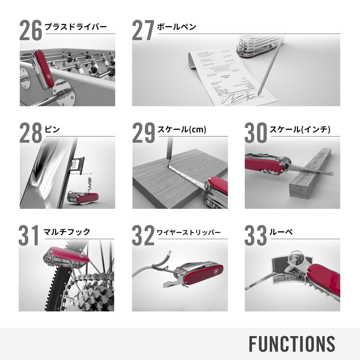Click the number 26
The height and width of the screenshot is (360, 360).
(x=31, y=31)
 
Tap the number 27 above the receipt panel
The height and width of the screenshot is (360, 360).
(x=143, y=31)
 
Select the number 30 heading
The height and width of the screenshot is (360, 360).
(x=256, y=133)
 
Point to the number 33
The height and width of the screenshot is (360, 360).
(x=256, y=236)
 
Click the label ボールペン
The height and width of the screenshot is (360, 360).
(x=176, y=27)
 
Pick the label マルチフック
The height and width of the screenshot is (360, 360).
(x=67, y=232)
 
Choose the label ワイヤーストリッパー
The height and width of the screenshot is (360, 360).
(x=189, y=232)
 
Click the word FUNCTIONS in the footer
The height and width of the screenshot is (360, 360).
(x=292, y=343)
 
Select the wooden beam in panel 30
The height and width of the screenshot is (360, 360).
(x=309, y=176)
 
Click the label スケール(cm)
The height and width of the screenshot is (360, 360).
(x=182, y=129)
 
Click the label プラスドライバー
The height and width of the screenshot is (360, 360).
(x=76, y=27)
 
